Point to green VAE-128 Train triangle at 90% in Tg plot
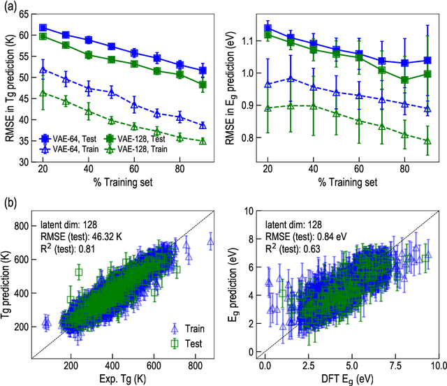click(203, 141)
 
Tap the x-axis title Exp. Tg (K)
click(123, 378)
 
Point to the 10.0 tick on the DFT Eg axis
click(437, 364)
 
